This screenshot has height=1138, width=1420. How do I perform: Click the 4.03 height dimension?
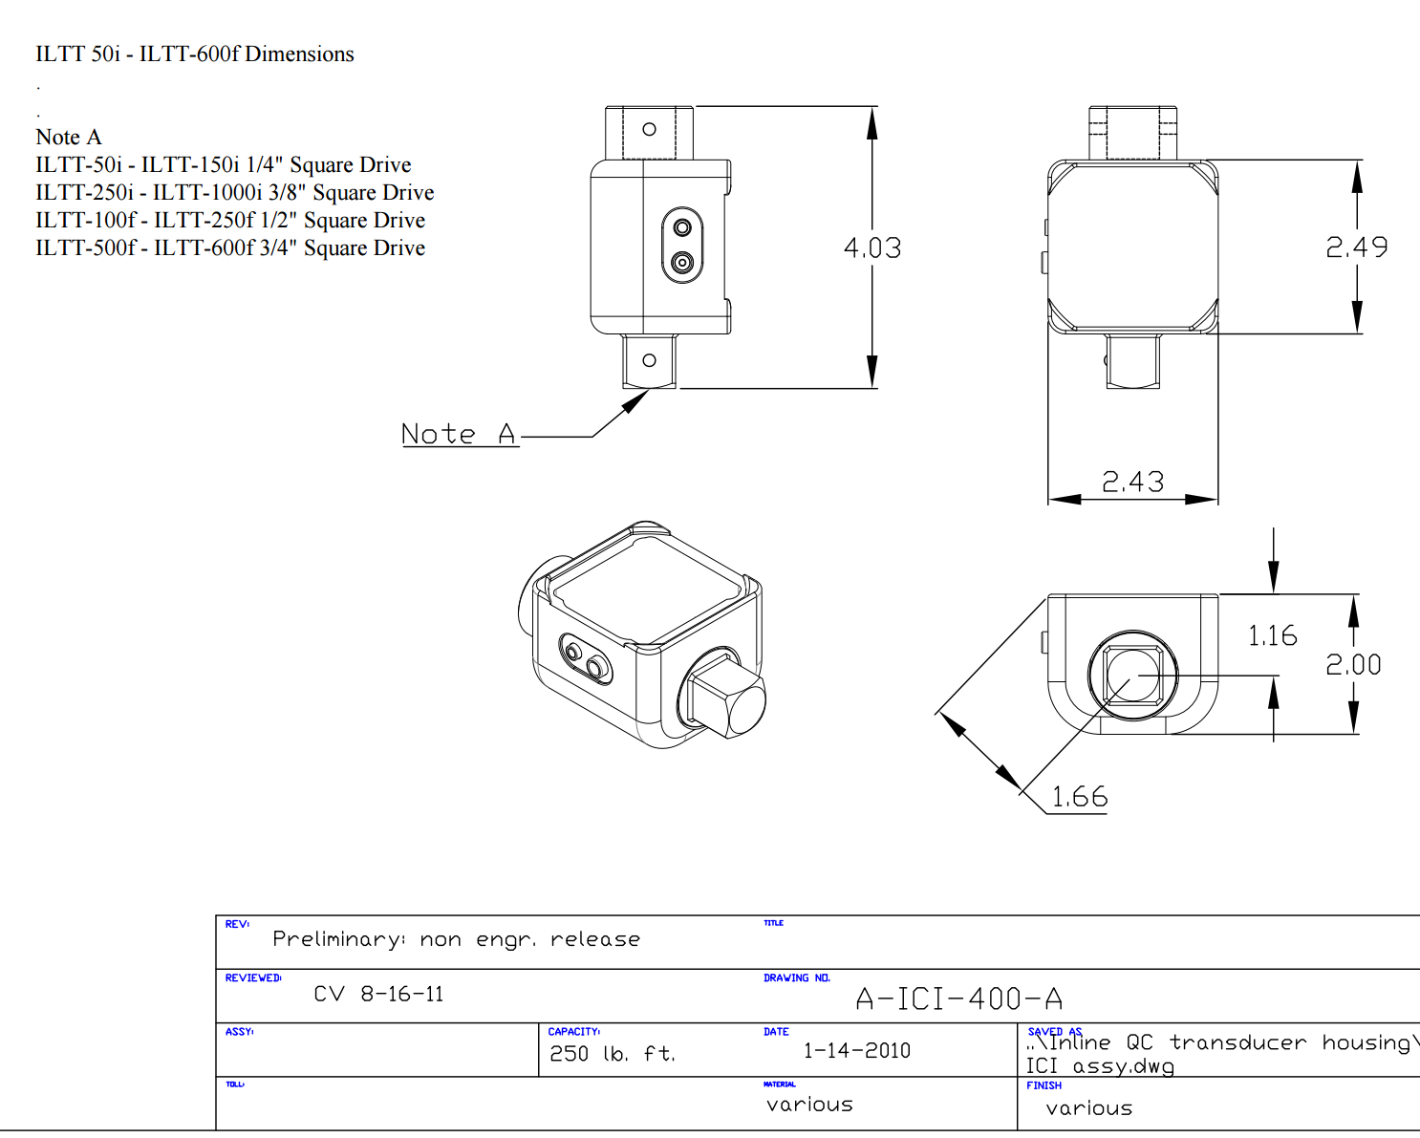pyautogui.click(x=871, y=248)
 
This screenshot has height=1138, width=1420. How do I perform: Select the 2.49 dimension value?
pyautogui.click(x=1356, y=248)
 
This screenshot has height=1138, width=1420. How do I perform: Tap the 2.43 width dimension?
pyautogui.click(x=1132, y=482)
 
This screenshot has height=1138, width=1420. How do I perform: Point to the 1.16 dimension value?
pyautogui.click(x=1272, y=636)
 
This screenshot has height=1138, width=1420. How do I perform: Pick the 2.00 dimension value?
pyautogui.click(x=1353, y=665)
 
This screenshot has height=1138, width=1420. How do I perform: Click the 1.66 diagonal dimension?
pyautogui.click(x=1080, y=797)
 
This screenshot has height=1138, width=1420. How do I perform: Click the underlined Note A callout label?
pyautogui.click(x=459, y=435)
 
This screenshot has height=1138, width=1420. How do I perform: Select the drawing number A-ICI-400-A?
pyautogui.click(x=958, y=999)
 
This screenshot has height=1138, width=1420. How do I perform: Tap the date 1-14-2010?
pyautogui.click(x=856, y=1051)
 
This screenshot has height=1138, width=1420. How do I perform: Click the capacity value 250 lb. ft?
pyautogui.click(x=612, y=1054)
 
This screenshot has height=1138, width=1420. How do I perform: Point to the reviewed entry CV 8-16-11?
pyautogui.click(x=378, y=995)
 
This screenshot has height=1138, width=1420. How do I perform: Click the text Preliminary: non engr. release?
pyautogui.click(x=456, y=939)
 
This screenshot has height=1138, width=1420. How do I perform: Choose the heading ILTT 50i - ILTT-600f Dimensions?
pyautogui.click(x=195, y=54)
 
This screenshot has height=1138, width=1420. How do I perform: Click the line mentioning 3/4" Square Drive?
pyautogui.click(x=230, y=248)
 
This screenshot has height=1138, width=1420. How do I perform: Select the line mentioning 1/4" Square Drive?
pyautogui.click(x=224, y=165)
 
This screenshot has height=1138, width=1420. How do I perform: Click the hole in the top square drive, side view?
pyautogui.click(x=649, y=129)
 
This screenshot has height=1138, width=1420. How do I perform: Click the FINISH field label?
pyautogui.click(x=1043, y=1085)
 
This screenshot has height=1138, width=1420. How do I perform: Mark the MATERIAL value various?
pyautogui.click(x=809, y=1105)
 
